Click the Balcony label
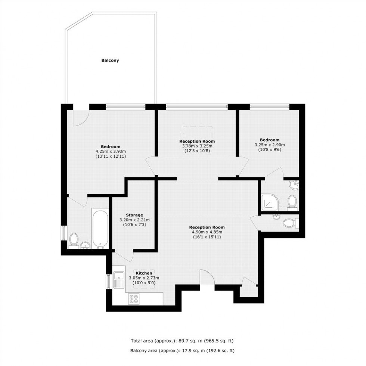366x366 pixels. pyautogui.click(x=110, y=61)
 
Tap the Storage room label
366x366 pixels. pyautogui.click(x=134, y=215)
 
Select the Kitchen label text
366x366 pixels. pyautogui.click(x=144, y=273)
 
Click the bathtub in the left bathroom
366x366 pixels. pyautogui.click(x=100, y=229)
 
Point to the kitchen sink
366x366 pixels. pyautogui.click(x=119, y=280)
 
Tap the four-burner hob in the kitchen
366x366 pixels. pyautogui.click(x=134, y=299)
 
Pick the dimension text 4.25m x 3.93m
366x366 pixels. pyautogui.click(x=111, y=152)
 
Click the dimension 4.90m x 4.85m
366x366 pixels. pyautogui.click(x=207, y=232)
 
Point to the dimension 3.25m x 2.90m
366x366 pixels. pyautogui.click(x=270, y=145)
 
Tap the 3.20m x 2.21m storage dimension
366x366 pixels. pyautogui.click(x=134, y=220)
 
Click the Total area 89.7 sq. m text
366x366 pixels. pyautogui.click(x=182, y=341)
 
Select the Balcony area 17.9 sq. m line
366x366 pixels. pyautogui.click(x=182, y=351)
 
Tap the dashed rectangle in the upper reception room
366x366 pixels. pyautogui.click(x=198, y=132)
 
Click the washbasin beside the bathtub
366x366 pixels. pyautogui.click(x=86, y=245)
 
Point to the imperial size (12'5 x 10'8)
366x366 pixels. pyautogui.click(x=197, y=151)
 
